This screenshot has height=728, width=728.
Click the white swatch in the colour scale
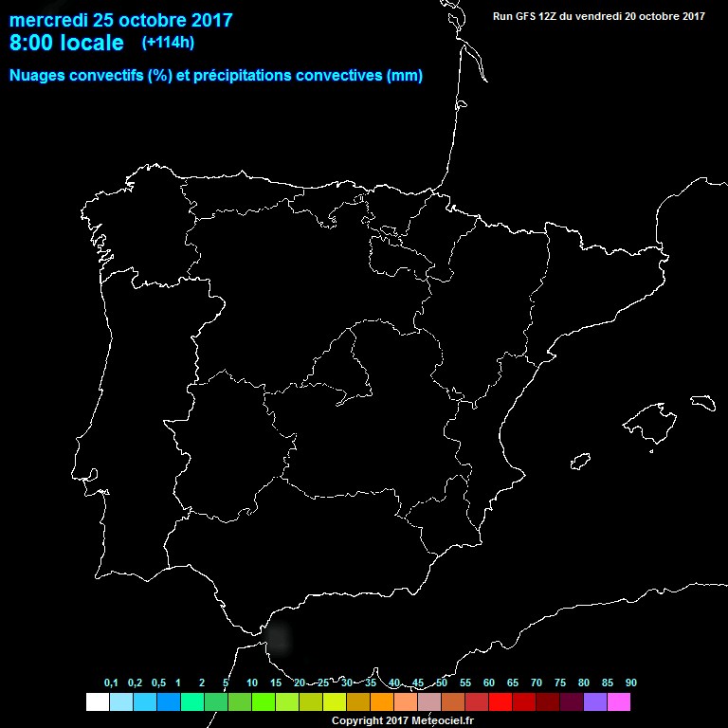tap(97, 701)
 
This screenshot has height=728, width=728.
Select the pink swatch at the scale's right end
tap(619, 701)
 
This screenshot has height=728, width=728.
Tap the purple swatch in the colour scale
tap(595, 701)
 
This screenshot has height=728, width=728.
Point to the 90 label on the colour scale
tap(630, 683)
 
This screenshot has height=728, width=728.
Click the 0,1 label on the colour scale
tap(111, 683)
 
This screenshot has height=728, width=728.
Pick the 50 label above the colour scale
tap(442, 683)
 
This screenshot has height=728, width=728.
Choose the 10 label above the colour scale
tap(251, 683)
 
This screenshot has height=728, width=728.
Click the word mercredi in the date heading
tap(48, 20)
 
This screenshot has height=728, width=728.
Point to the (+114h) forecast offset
tap(168, 43)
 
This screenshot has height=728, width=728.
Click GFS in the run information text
tap(528, 15)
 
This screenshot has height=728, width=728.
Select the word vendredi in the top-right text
tap(602, 15)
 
